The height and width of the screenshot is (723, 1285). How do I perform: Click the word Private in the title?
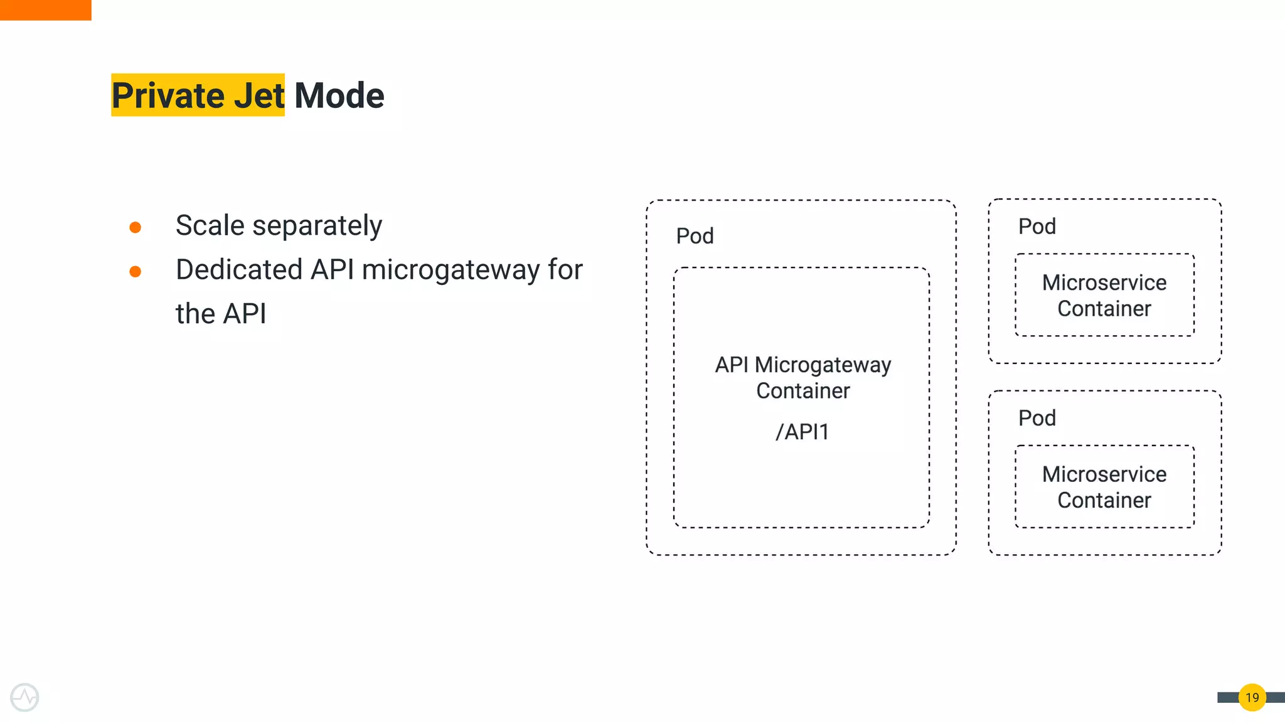point(168,95)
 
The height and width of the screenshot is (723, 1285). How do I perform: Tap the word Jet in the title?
point(259,95)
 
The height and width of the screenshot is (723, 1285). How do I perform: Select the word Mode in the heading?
point(339,95)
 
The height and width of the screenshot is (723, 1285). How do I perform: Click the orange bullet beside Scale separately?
point(135,227)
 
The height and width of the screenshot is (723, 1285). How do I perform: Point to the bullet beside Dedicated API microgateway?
point(135,272)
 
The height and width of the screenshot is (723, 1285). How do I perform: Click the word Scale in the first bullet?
point(210,225)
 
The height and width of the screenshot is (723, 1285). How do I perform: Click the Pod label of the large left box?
point(695,236)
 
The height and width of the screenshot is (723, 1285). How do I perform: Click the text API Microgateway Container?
point(802,377)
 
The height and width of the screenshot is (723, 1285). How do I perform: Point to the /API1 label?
point(802,432)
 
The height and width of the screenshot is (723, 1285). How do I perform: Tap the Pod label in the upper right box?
point(1037,227)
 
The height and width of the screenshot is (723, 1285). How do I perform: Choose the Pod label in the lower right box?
point(1037,418)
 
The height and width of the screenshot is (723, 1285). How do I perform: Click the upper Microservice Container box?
point(1104,295)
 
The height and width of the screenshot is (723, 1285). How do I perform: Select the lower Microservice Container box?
point(1104,487)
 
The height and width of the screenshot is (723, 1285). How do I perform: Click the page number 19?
point(1252,697)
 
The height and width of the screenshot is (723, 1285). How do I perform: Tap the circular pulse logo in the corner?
point(24,697)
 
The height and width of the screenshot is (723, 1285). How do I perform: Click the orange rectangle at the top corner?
point(45,10)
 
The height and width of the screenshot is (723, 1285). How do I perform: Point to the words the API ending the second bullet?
point(221,314)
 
